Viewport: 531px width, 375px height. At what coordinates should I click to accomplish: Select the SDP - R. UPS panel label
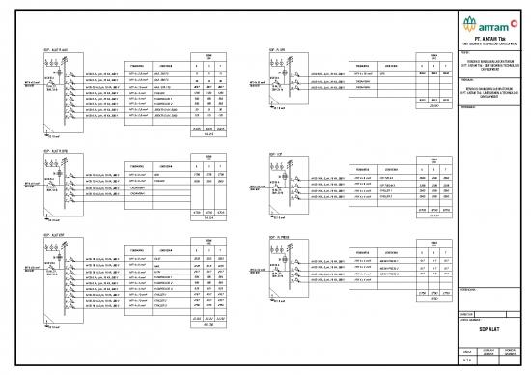(x=271, y=46)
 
